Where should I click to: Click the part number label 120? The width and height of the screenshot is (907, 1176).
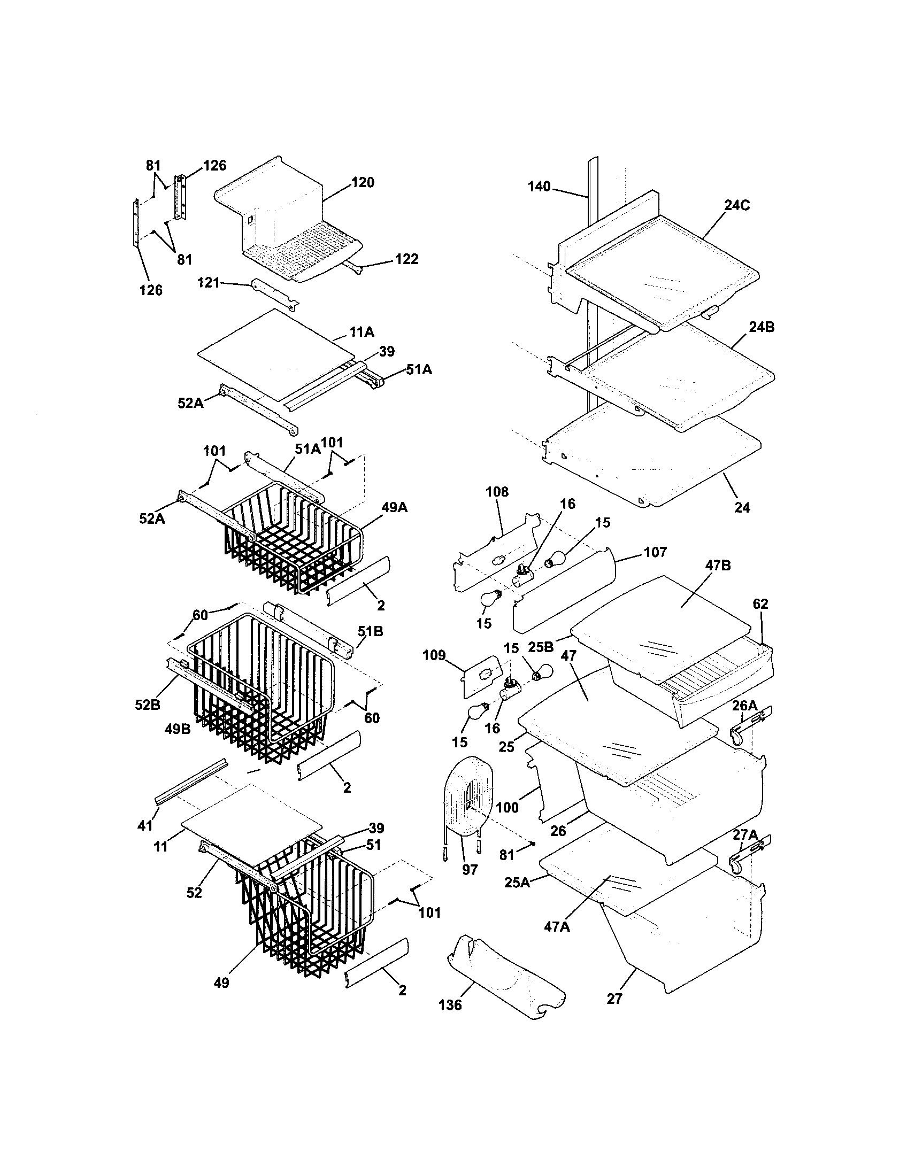(x=363, y=182)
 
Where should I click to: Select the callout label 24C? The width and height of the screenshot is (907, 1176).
(x=736, y=205)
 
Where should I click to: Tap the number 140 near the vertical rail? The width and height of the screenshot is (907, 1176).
(x=539, y=187)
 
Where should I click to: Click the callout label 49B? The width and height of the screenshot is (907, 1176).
(x=178, y=730)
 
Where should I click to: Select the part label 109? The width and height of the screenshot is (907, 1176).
(x=434, y=655)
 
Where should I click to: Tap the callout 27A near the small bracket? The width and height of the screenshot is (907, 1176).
(x=745, y=835)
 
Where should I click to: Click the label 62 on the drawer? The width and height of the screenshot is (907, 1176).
(x=760, y=604)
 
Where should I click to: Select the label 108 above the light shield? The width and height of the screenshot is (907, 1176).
(x=497, y=492)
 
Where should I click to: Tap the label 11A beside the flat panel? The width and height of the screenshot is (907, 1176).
(x=362, y=332)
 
